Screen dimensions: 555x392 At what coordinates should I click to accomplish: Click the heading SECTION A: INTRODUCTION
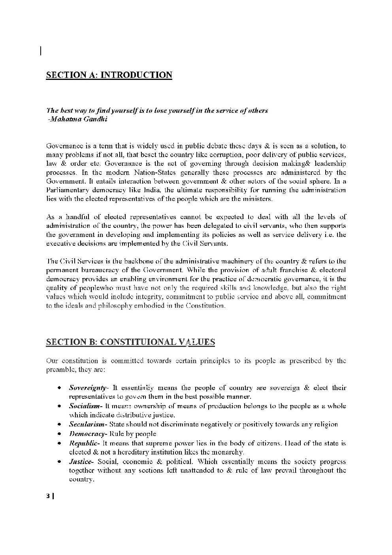(109, 75)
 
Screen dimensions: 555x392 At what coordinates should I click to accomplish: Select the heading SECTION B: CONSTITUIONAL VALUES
(130, 342)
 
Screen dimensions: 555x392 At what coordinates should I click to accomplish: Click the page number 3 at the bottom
(48, 496)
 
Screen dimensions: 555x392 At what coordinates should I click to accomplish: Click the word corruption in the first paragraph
(221, 155)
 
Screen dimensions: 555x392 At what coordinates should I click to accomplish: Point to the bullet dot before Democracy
(59, 434)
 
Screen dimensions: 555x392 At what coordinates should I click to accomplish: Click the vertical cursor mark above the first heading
(41, 51)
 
